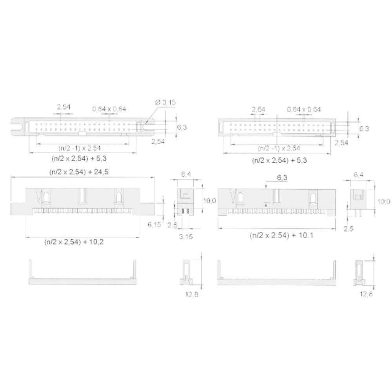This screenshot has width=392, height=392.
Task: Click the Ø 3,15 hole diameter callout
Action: pyautogui.click(x=166, y=102)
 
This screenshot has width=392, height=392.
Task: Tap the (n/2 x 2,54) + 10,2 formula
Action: pyautogui.click(x=74, y=242)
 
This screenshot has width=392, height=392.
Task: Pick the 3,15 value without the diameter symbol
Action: pyautogui.click(x=185, y=236)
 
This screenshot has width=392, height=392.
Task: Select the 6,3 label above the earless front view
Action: pyautogui.click(x=282, y=178)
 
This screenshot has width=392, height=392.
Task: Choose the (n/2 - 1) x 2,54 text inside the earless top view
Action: pyautogui.click(x=279, y=148)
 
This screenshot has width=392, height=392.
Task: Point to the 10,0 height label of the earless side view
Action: pyautogui.click(x=384, y=201)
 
